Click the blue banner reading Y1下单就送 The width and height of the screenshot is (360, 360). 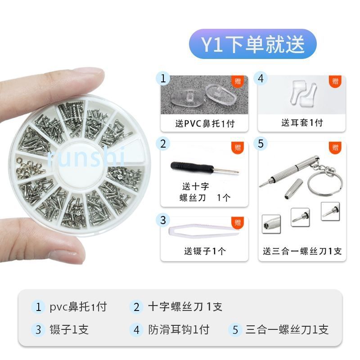253,44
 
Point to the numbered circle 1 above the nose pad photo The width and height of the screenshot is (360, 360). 163,78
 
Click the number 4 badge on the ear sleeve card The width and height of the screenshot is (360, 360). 261,78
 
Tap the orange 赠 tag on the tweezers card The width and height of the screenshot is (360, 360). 238,222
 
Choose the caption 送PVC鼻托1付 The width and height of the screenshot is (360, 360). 205,123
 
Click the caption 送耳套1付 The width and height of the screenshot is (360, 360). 302,122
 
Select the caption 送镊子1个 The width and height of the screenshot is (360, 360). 205,251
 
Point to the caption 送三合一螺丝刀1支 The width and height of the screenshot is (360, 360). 302,251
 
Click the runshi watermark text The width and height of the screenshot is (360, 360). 86,157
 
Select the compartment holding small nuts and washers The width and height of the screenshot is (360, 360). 31,167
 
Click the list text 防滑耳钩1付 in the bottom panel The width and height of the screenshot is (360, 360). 178,329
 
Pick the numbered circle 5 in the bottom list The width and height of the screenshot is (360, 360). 235,330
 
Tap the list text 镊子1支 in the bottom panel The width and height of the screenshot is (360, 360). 69,329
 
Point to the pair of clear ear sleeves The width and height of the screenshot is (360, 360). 302,94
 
